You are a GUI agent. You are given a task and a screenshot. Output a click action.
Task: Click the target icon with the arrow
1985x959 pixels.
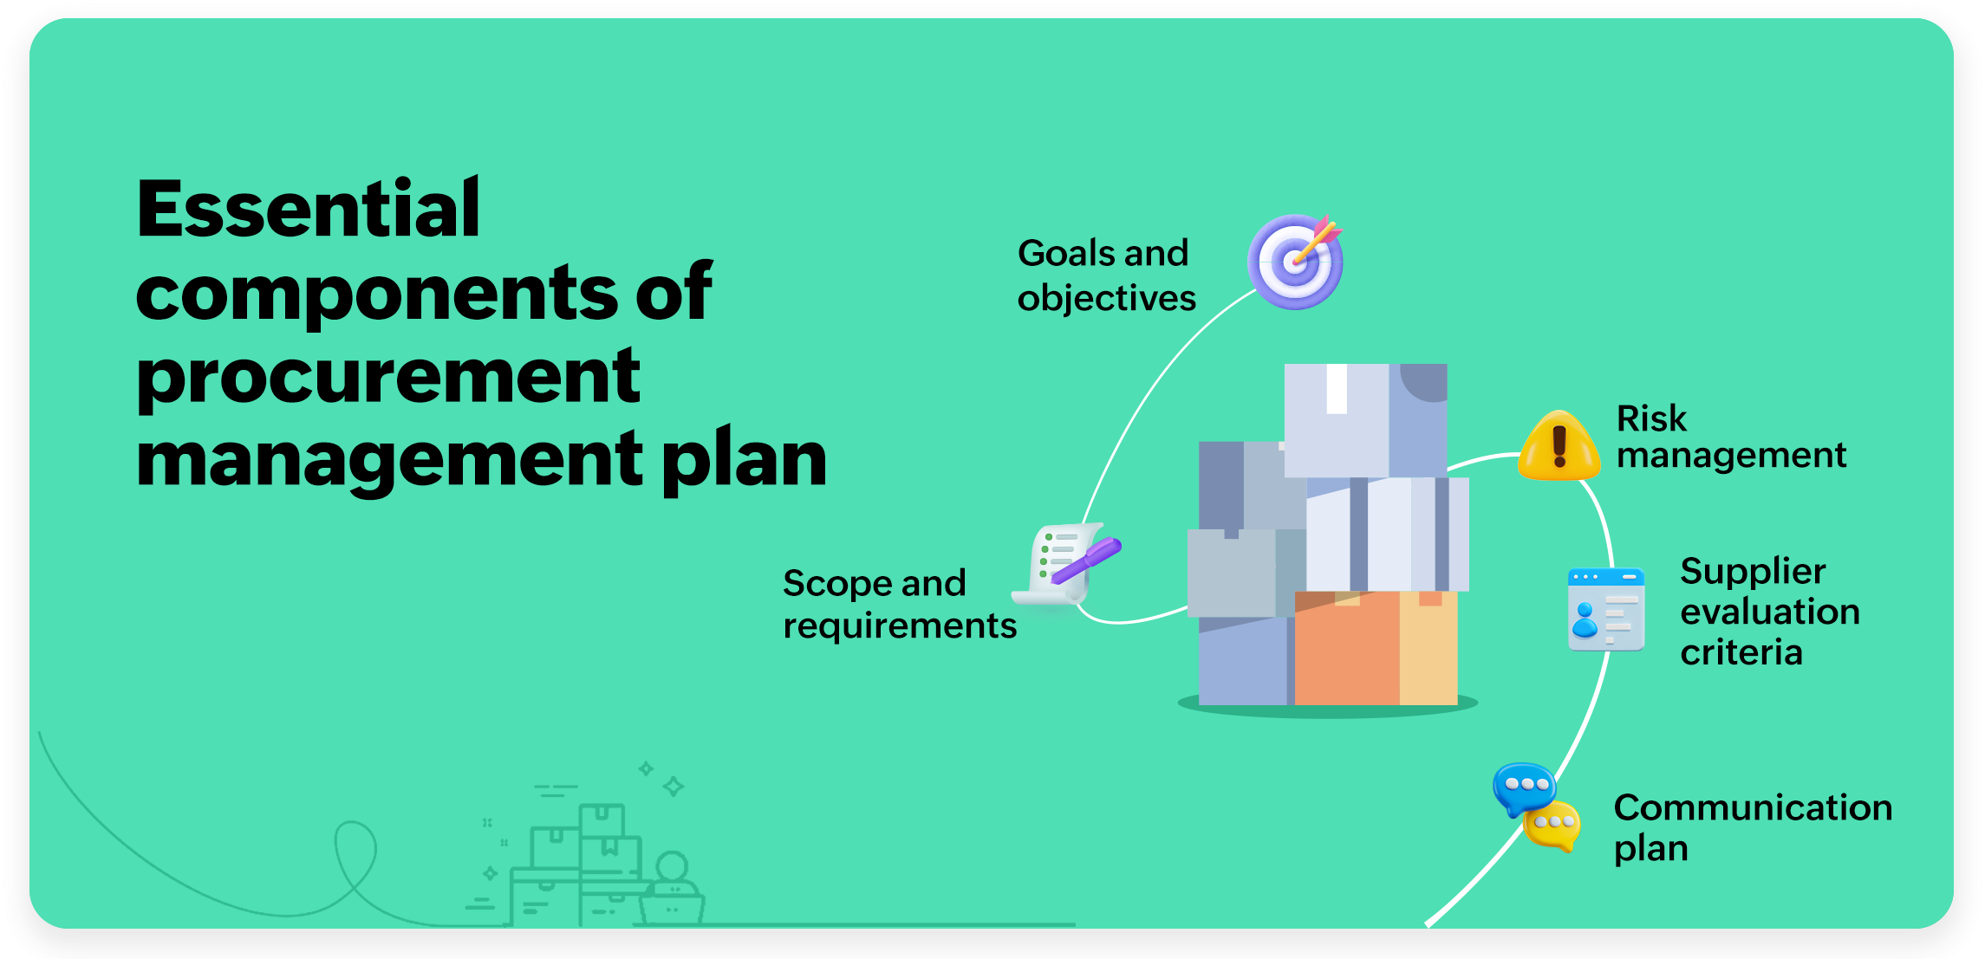tap(1295, 262)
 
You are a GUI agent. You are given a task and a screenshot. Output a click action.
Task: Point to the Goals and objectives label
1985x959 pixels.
tap(1105, 275)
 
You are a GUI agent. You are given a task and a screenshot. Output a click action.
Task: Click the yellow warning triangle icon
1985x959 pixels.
tap(1559, 447)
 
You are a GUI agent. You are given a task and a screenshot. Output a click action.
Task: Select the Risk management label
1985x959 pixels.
tap(1730, 437)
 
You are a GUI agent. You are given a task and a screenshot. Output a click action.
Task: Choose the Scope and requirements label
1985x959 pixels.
tap(899, 604)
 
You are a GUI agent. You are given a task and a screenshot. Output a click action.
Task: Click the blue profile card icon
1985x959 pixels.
tap(1605, 609)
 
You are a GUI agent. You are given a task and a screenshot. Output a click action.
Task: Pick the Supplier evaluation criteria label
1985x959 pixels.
tap(1768, 612)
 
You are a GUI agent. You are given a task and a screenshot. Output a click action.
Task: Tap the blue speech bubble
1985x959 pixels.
tap(1523, 786)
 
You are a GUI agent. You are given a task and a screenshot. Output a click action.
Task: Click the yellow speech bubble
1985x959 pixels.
tap(1553, 826)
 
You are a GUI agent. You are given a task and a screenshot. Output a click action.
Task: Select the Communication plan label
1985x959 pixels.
tap(1752, 827)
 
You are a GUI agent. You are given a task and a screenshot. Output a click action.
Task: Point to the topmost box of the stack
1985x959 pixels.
tap(1364, 419)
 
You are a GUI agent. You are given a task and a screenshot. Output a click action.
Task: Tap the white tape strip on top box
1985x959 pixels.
tap(1337, 388)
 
